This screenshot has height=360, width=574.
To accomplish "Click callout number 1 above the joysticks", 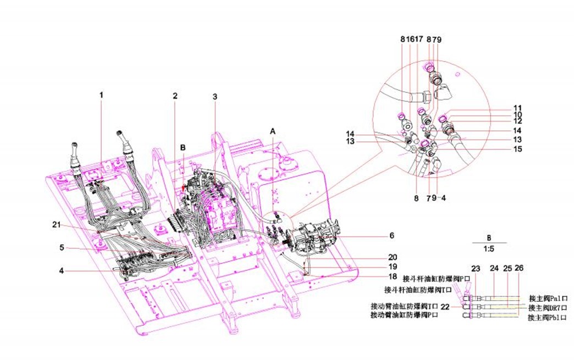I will point(101,95).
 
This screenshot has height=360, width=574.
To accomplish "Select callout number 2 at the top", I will point(175,96).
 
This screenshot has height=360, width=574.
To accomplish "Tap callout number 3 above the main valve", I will point(215,97).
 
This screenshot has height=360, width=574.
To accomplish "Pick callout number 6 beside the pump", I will point(391,235).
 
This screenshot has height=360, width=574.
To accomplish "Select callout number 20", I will point(392,257).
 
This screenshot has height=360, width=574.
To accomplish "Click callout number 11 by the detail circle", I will point(517,108).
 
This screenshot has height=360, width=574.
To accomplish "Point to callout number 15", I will point(517,149).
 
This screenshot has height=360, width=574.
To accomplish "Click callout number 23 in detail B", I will point(476,269).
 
